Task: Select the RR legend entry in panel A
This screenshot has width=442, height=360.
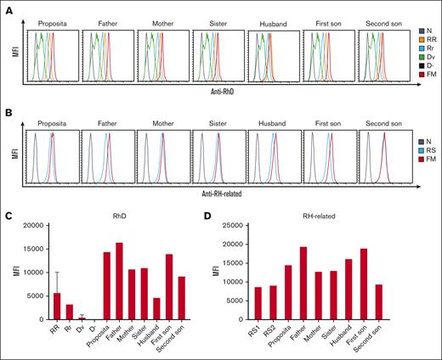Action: tap(422, 38)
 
